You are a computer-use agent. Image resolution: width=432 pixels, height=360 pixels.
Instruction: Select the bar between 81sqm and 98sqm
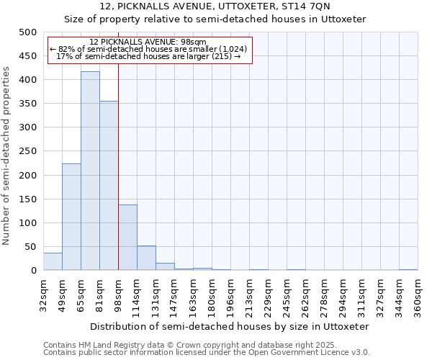(109, 186)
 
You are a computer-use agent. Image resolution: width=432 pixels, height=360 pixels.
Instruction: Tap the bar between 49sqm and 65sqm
(71, 217)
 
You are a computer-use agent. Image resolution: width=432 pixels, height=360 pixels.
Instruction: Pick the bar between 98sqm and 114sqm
(127, 238)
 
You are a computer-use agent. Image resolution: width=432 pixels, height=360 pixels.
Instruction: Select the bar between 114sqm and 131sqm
(146, 258)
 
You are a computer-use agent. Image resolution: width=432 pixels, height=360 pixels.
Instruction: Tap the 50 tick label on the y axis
(30, 247)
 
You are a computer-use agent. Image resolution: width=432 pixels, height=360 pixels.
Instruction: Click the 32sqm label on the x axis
(43, 293)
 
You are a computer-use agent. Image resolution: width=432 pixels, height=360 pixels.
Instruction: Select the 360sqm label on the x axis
(418, 295)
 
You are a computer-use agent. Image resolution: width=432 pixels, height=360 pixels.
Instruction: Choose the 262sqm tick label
(305, 295)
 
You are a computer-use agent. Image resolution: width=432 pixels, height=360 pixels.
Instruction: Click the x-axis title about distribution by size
(230, 326)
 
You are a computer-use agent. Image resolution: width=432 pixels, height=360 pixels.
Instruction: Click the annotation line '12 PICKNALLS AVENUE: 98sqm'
(149, 42)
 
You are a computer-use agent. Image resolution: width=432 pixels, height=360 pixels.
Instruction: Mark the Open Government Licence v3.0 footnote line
(207, 353)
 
